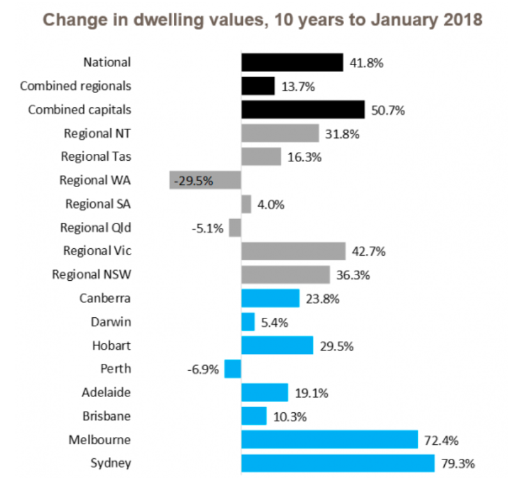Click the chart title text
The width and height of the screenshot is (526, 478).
tap(263, 20)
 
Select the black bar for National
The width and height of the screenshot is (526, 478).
tap(292, 62)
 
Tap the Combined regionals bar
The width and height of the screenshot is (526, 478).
tap(258, 86)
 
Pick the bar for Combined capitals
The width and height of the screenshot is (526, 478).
tap(303, 109)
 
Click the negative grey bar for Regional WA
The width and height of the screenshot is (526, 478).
tap(205, 180)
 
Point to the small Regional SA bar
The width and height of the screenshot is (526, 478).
tap(246, 204)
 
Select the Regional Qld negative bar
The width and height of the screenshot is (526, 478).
tap(235, 228)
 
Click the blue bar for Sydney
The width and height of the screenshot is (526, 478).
tap(337, 463)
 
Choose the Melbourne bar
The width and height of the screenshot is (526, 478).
tap(329, 440)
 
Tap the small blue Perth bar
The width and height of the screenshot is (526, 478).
tap(233, 369)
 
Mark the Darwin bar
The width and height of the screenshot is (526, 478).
tap(248, 322)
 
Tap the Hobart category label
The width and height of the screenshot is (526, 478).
tap(111, 345)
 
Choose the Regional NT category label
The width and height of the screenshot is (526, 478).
tap(97, 133)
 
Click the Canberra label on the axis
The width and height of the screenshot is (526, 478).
tap(105, 298)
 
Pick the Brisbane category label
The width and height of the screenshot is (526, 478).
tap(106, 416)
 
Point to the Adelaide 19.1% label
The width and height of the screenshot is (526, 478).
tap(311, 393)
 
